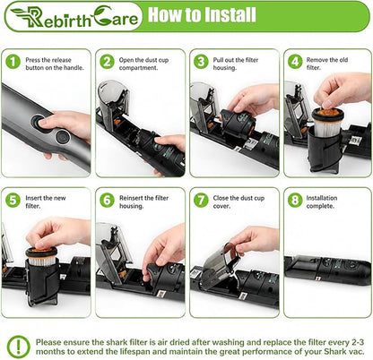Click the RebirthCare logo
[x=74, y=16]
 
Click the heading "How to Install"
[x=202, y=14]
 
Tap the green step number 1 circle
[x=13, y=62]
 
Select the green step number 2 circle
[x=107, y=62]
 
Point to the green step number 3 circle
[x=201, y=62]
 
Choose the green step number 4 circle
[x=295, y=62]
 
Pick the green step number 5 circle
[x=13, y=200]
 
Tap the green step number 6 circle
[x=107, y=200]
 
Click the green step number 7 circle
[x=201, y=200]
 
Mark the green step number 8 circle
[x=295, y=200]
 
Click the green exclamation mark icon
[x=19, y=347]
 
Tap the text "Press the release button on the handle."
[x=55, y=64]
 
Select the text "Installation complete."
[x=322, y=202]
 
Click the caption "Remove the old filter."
[x=327, y=64]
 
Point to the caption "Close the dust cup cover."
[x=239, y=202]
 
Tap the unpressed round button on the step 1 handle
[x=63, y=137]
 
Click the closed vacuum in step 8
[x=327, y=266]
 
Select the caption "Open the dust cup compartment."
[x=143, y=64]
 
